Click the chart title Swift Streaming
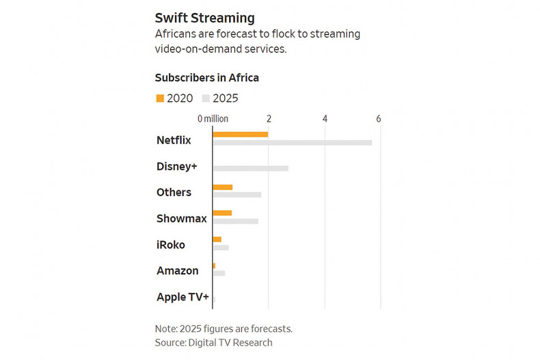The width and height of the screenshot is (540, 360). pyautogui.click(x=204, y=18)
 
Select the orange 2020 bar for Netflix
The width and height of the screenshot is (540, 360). pyautogui.click(x=240, y=134)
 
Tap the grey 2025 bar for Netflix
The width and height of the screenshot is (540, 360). pyautogui.click(x=293, y=143)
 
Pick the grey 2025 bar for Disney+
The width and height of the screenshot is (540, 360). pyautogui.click(x=250, y=168)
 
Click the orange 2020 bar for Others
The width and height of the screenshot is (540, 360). pyautogui.click(x=223, y=187)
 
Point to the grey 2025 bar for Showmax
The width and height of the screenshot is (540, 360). pyautogui.click(x=235, y=221)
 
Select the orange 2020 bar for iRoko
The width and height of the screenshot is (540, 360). pyautogui.click(x=217, y=239)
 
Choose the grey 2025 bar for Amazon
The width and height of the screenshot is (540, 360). pyautogui.click(x=219, y=273)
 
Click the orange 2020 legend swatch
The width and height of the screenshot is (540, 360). pyautogui.click(x=160, y=98)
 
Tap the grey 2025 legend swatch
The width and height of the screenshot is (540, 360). pyautogui.click(x=206, y=98)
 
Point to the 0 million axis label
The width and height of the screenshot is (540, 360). pyautogui.click(x=213, y=119)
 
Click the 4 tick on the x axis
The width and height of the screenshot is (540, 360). pyautogui.click(x=325, y=119)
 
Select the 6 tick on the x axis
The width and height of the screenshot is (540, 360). pyautogui.click(x=379, y=119)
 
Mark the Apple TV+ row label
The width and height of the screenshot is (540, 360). pyautogui.click(x=183, y=297)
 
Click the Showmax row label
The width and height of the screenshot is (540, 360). pyautogui.click(x=181, y=219)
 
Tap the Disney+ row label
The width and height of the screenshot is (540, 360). pyautogui.click(x=176, y=166)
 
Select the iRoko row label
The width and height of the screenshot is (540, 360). pyautogui.click(x=171, y=245)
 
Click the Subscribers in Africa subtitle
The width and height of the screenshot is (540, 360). pyautogui.click(x=206, y=78)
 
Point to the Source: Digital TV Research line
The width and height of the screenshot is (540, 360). pyautogui.click(x=213, y=343)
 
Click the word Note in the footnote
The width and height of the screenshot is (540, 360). pyautogui.click(x=166, y=329)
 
